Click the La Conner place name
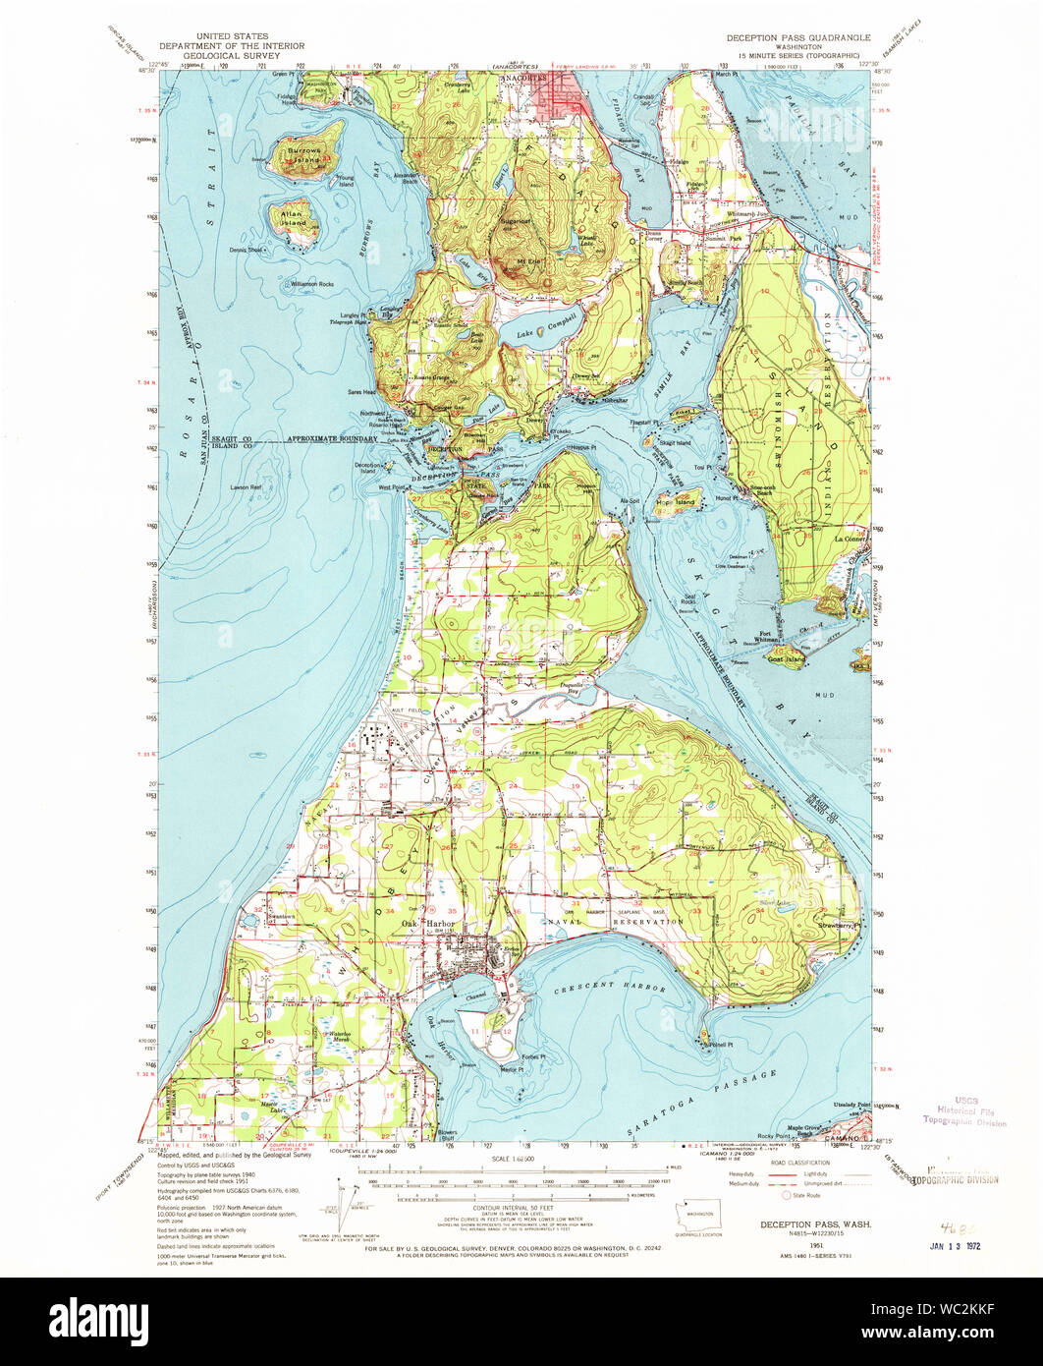click(847, 539)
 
